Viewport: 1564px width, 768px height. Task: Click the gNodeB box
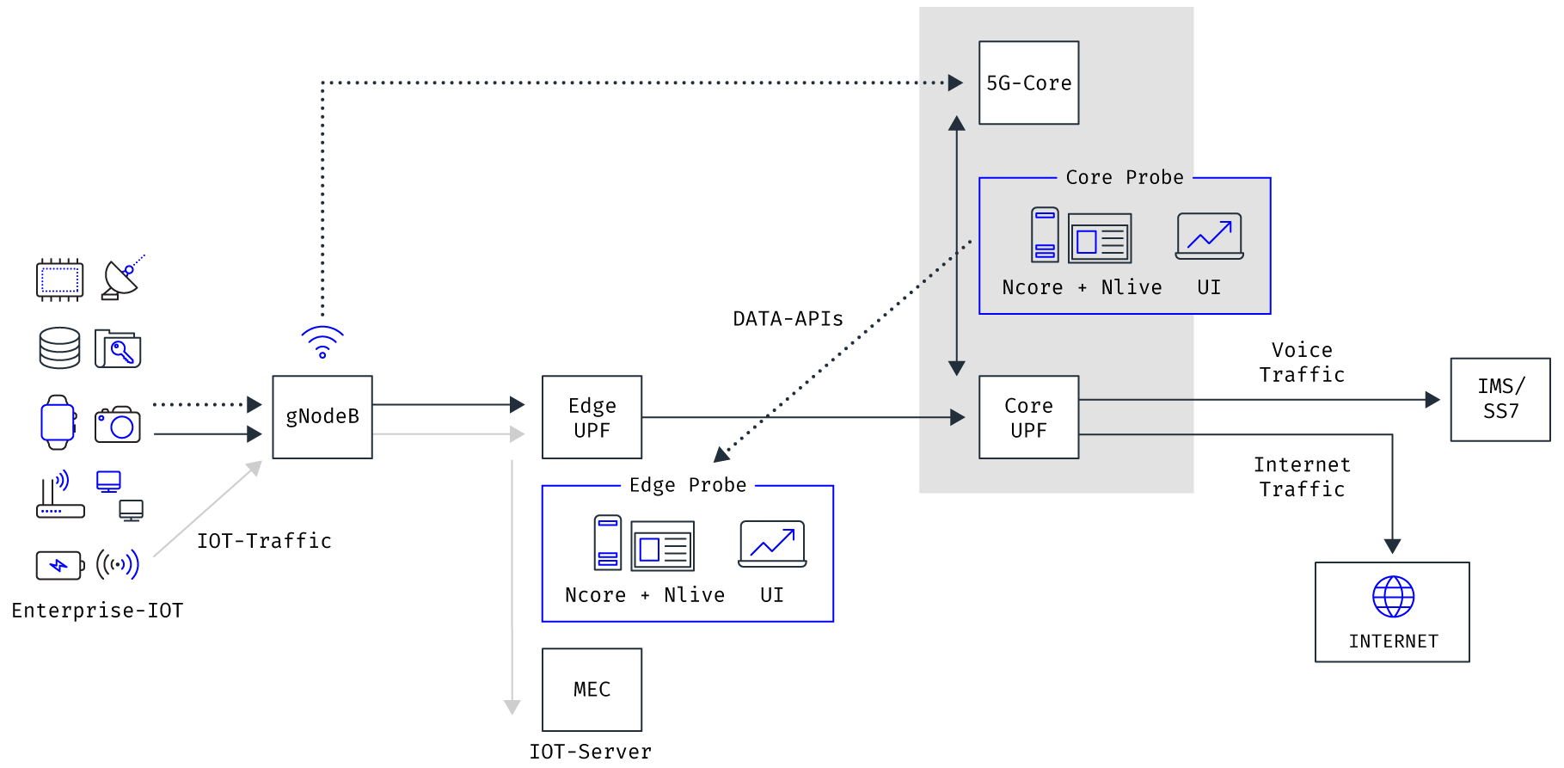coord(322,417)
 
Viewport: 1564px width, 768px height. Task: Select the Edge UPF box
coord(592,417)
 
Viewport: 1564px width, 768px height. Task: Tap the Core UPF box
coord(1028,417)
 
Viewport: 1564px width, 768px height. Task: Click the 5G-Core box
coord(1028,83)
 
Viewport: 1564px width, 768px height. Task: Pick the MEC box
coord(592,689)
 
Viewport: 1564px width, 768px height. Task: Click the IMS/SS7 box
coord(1500,399)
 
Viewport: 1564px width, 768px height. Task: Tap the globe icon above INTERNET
coord(1393,596)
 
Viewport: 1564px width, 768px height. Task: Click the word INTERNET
coord(1393,642)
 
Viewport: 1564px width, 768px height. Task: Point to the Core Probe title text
coord(1125,177)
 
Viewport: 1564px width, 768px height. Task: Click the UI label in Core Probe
coord(1209,287)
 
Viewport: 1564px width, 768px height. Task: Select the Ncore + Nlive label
coord(1082,287)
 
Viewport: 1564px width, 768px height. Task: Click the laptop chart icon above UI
coord(1209,236)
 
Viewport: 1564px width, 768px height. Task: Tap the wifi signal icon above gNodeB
coord(322,341)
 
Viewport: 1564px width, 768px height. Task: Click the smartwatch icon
coord(58,422)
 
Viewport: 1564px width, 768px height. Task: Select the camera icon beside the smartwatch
coord(118,424)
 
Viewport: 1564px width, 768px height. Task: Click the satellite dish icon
coord(122,278)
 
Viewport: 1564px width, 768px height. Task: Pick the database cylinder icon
coord(59,347)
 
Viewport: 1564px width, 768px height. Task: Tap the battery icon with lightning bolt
coord(59,565)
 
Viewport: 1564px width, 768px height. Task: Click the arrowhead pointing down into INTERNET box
coord(1392,546)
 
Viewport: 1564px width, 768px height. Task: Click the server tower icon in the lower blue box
coord(608,542)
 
